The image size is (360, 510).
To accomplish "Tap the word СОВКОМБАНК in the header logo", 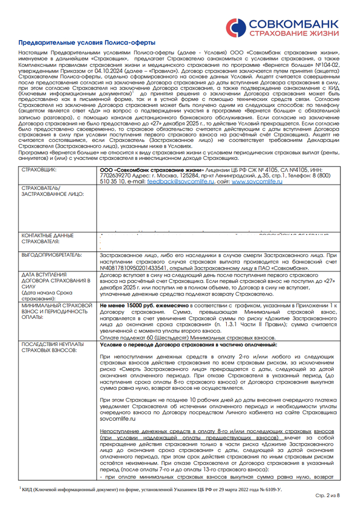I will coord(291,23).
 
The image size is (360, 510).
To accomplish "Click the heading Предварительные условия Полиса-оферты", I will coord(86,44).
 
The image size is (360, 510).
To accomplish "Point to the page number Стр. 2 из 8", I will coord(326,495).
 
